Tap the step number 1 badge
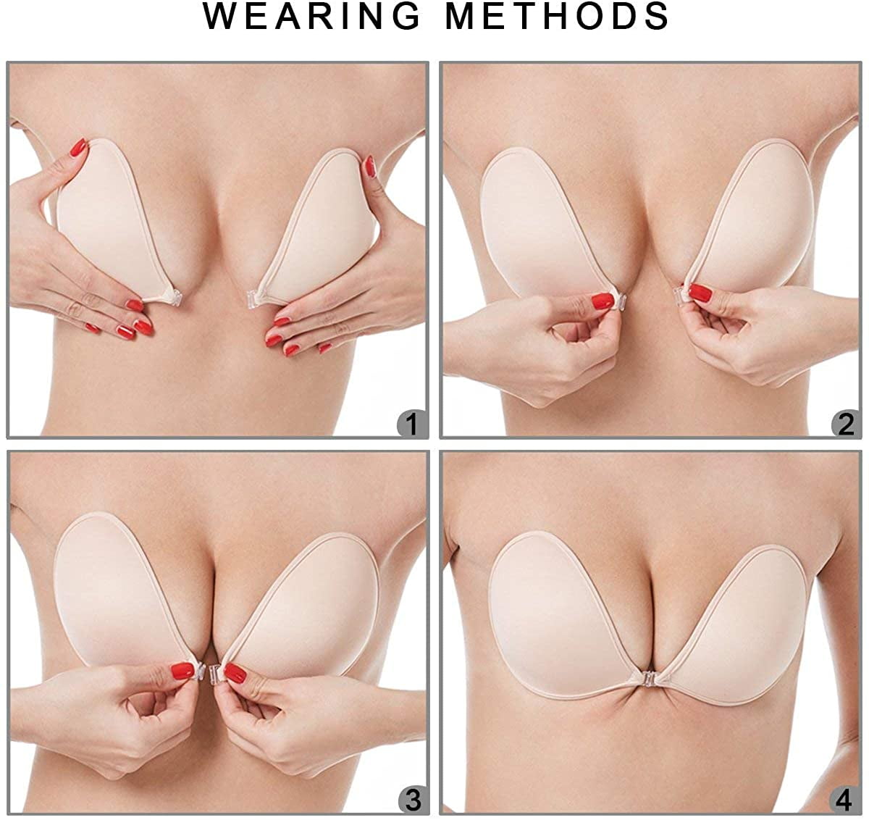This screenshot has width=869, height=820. [x=412, y=423]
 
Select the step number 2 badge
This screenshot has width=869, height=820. [x=845, y=423]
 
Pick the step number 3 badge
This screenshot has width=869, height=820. [x=412, y=800]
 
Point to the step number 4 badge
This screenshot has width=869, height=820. [x=845, y=800]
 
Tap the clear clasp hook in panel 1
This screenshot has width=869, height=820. [x=253, y=298]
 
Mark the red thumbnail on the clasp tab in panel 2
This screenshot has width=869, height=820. [x=603, y=301]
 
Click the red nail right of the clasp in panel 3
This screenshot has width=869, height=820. [x=235, y=672]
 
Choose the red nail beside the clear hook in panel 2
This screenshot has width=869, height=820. [x=700, y=293]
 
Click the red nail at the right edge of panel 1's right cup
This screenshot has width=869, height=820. [x=370, y=167]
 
